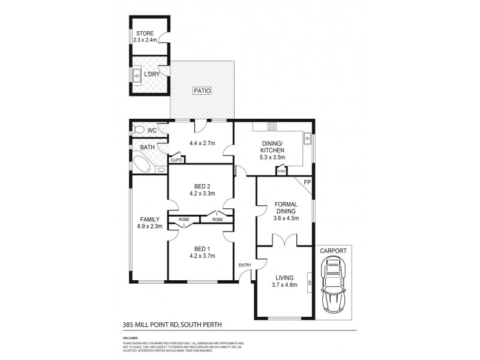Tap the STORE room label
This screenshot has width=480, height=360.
[x=145, y=34]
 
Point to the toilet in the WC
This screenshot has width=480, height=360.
[x=139, y=129]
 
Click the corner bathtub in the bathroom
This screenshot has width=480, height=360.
[x=142, y=163]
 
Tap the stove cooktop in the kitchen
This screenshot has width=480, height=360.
[x=272, y=127]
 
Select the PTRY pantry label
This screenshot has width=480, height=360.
[x=281, y=172]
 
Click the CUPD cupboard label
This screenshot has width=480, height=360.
[x=176, y=160]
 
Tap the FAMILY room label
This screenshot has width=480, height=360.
[x=149, y=219]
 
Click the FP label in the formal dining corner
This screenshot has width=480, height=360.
[x=307, y=181]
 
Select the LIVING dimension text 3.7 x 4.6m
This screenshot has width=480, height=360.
[x=284, y=286]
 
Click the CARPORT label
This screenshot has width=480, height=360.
[x=331, y=252]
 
